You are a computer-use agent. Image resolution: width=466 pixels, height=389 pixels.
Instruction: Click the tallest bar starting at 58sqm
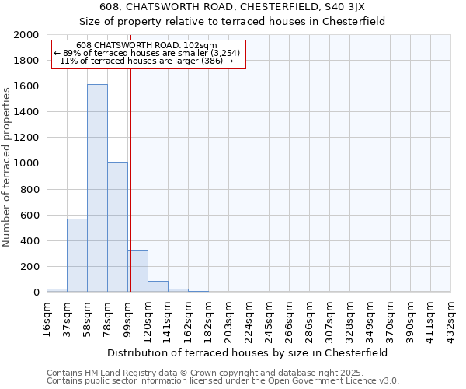click(x=97, y=188)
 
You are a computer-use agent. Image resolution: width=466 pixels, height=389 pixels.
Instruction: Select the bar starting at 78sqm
click(x=117, y=227)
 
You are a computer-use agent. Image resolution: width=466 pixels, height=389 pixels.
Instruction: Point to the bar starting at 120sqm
click(x=158, y=286)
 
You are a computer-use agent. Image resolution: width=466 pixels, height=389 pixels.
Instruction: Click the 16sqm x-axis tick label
click(x=47, y=317)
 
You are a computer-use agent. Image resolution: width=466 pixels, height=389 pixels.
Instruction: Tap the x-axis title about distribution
click(x=249, y=352)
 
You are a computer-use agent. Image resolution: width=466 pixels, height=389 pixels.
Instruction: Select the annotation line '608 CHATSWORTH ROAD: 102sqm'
click(x=148, y=46)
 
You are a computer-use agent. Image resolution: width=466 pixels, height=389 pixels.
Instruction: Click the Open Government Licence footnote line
click(x=223, y=381)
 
